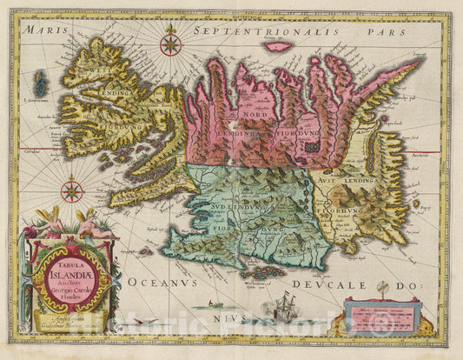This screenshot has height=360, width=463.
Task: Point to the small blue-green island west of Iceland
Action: coord(39,84)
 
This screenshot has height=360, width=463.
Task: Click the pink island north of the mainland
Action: coord(276,46)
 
